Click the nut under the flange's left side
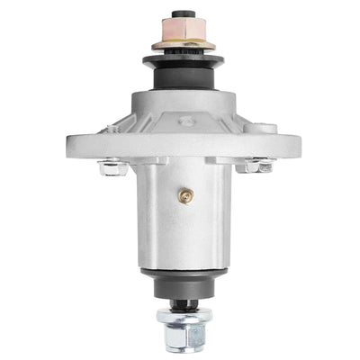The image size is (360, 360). [x=111, y=166]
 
